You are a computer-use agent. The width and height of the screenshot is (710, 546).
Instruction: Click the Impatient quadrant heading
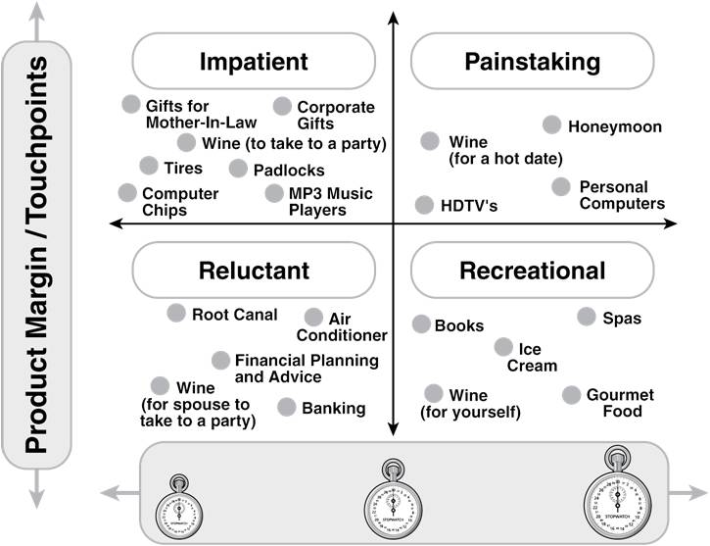click(x=254, y=62)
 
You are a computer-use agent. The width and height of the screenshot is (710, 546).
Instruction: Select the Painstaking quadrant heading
click(x=532, y=62)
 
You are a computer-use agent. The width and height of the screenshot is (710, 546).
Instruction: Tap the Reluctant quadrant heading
click(x=254, y=271)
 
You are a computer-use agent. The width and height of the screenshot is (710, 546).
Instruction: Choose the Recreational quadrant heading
click(x=532, y=271)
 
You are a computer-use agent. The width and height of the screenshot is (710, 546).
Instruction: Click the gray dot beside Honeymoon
click(x=551, y=124)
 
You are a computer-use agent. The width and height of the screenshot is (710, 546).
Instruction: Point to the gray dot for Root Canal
click(x=176, y=313)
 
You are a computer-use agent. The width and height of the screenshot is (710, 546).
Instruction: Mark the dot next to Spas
click(x=587, y=316)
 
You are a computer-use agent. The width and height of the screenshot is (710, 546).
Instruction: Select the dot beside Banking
click(x=286, y=407)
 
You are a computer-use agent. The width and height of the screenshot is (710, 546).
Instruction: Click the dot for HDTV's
click(x=424, y=205)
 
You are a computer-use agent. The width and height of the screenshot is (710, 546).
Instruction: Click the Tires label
click(x=183, y=168)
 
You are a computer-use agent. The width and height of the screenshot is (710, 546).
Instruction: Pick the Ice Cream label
click(x=531, y=357)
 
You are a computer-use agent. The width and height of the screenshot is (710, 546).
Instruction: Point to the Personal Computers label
click(x=622, y=194)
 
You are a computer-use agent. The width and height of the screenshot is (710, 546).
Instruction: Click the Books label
click(x=459, y=325)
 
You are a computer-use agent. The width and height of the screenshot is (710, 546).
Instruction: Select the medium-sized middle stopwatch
click(x=394, y=501)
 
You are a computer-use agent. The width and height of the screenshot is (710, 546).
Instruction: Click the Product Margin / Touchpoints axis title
click(x=36, y=255)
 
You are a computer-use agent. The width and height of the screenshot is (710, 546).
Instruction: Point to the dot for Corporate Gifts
click(x=282, y=106)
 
